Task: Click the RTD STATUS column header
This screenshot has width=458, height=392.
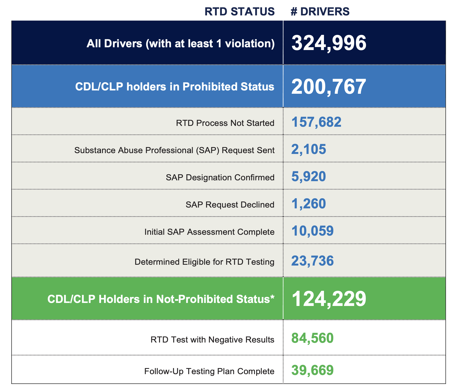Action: (240, 12)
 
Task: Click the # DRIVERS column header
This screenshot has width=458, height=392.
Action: (320, 12)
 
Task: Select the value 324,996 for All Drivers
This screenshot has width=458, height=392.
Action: (329, 43)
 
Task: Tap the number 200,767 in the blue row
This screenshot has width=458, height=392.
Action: (329, 87)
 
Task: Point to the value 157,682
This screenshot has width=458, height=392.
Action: (316, 122)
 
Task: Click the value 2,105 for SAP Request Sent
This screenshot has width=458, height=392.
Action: (309, 149)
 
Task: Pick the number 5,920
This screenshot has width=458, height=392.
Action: (309, 176)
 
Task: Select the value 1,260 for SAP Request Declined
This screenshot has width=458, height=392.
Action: (309, 204)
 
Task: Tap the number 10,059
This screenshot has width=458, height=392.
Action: (312, 231)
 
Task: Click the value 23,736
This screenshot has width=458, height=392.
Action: (312, 261)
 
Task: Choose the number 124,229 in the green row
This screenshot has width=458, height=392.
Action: (329, 299)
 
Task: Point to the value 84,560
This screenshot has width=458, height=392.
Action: (312, 338)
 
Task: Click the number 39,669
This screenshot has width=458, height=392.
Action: (312, 370)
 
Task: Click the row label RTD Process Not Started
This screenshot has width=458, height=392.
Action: (225, 123)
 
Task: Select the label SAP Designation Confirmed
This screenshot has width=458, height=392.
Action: (220, 177)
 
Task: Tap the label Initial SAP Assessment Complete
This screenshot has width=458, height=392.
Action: (209, 232)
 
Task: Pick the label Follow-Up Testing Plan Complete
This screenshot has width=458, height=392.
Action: (209, 371)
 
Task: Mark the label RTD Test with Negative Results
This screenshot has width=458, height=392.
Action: (212, 340)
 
